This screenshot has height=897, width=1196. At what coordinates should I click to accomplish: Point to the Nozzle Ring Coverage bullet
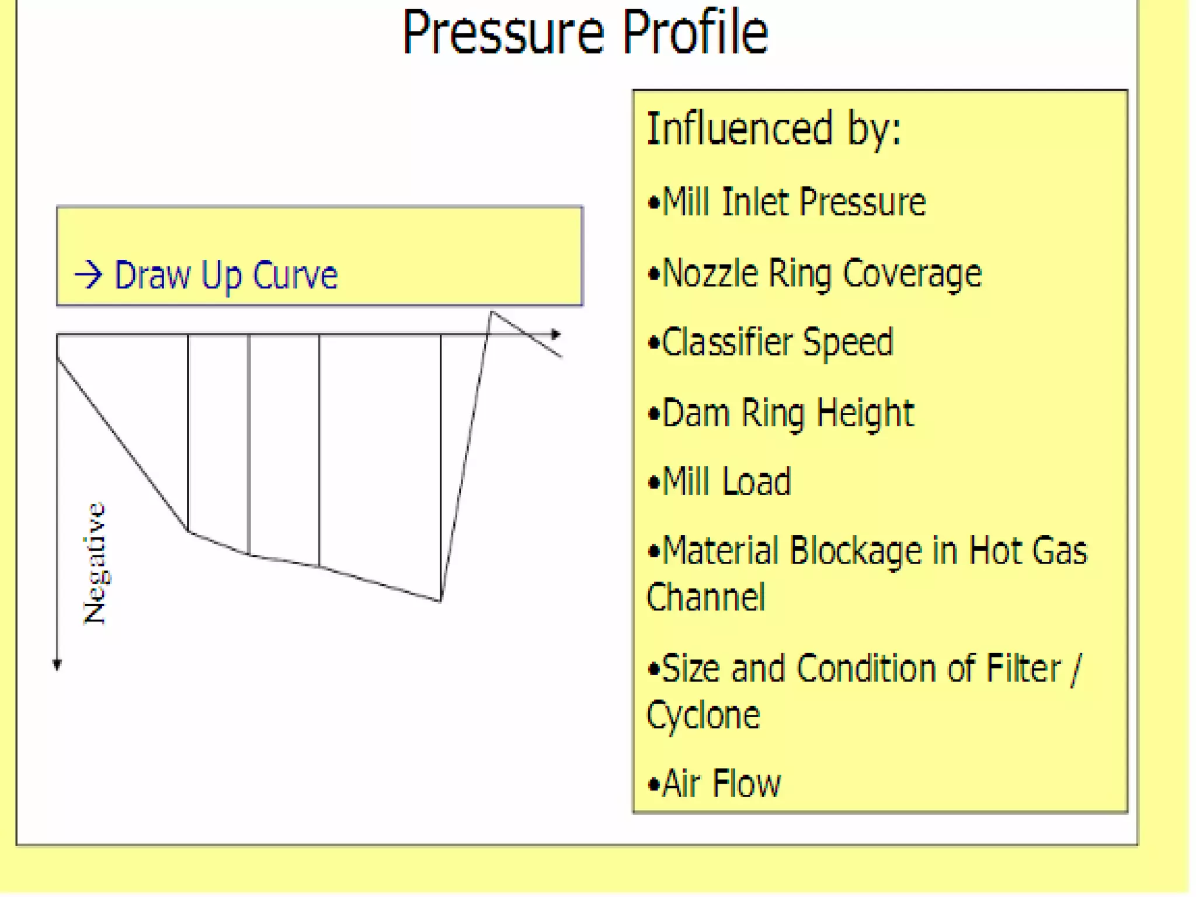[815, 273]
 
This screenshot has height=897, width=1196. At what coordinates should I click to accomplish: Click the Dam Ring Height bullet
[781, 413]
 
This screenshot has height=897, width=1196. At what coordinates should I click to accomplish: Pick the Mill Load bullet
[719, 482]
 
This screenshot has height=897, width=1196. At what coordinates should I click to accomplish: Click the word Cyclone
[703, 715]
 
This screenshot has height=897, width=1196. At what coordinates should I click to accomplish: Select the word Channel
[705, 597]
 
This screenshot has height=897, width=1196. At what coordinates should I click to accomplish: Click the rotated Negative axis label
[95, 564]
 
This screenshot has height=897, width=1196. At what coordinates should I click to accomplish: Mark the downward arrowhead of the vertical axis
[57, 665]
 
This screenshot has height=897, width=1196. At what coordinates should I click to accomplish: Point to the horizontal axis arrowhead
[556, 335]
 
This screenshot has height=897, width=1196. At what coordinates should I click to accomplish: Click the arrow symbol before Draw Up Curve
[89, 274]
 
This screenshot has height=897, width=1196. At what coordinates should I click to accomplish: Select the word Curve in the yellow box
[295, 274]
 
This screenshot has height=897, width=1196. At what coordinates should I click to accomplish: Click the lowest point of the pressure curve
[441, 600]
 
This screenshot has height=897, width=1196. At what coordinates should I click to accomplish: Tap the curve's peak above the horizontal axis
[492, 313]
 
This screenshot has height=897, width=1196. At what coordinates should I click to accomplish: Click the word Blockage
[856, 551]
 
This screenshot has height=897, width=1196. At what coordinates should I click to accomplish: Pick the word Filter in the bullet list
[1023, 669]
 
